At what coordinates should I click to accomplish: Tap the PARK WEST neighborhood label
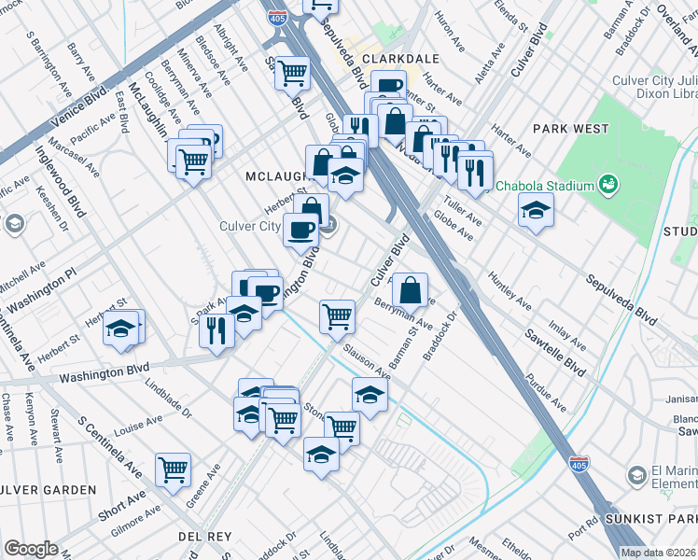pos(571,129)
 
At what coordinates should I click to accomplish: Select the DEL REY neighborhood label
pos(202,537)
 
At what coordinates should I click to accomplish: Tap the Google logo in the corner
pos(31,549)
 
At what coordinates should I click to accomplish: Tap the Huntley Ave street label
pos(508,291)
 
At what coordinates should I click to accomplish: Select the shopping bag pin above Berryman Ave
pos(410,290)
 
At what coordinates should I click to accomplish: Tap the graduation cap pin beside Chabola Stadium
pos(537,211)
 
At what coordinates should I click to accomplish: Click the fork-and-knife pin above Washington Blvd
pos(216,330)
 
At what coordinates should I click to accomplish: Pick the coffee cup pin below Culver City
pos(300,230)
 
